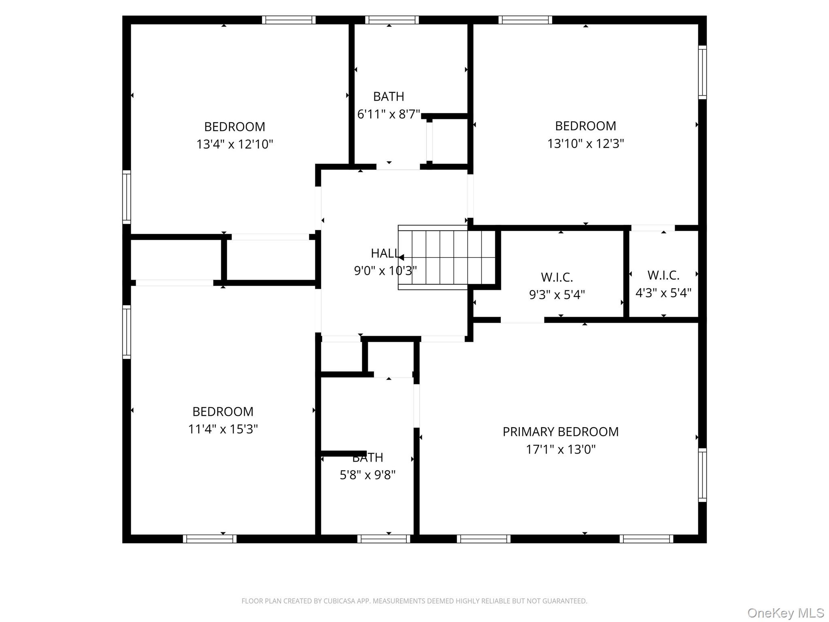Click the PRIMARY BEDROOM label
pos(560,432)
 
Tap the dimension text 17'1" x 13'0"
pos(560,449)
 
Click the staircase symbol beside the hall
pos(447,258)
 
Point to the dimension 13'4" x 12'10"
pos(234,144)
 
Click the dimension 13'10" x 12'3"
pos(585,144)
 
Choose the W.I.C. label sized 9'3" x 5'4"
pos(557,277)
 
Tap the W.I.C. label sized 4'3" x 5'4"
pos(663,275)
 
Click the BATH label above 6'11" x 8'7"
pos(388,97)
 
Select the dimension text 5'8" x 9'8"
pos(367,475)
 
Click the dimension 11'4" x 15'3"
pos(223,429)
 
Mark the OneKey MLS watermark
pos(785,613)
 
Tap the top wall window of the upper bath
pos(391,20)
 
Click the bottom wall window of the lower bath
pos(384,539)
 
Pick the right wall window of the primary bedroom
pos(702,475)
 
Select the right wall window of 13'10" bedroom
pos(702,72)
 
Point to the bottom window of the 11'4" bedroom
pos(209,539)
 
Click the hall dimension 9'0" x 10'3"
pos(385,271)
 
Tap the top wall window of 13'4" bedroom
pos(288,20)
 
